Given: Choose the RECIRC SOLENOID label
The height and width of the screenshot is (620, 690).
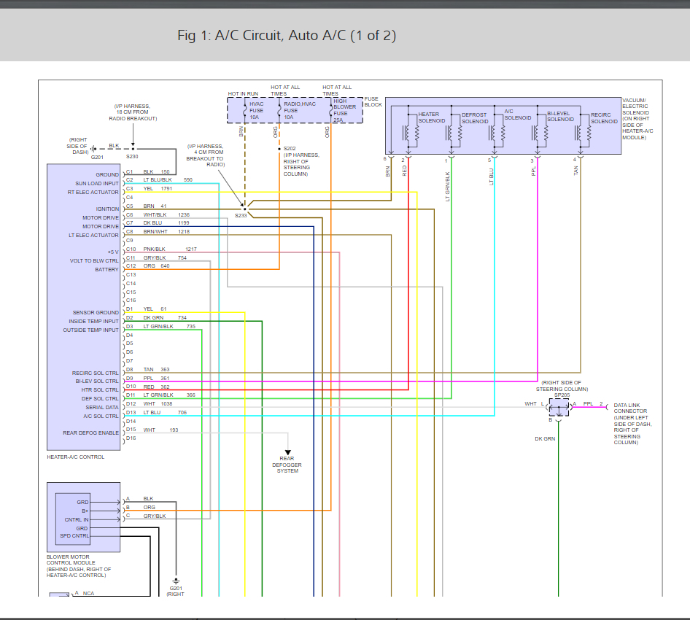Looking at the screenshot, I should point(603,117).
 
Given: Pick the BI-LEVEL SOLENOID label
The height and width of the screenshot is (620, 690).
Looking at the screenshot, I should point(561,117).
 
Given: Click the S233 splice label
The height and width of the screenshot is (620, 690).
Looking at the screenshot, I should point(241,216).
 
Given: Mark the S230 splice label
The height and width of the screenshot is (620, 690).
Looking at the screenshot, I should point(132,157).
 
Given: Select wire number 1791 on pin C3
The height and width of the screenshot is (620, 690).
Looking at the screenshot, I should point(166,188).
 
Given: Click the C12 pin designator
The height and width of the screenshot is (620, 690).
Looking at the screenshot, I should point(130,266).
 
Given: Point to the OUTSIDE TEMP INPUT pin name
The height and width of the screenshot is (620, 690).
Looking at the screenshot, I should point(91,330).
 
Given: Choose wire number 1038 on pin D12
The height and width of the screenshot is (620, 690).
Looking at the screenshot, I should point(168,403).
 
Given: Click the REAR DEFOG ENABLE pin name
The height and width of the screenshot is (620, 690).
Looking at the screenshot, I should point(91,433).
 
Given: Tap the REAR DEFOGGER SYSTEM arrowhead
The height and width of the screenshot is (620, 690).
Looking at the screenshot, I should point(287,453).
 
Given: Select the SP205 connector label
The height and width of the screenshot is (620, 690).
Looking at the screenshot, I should point(562,395).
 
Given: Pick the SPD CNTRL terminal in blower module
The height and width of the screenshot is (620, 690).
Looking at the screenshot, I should point(74,536).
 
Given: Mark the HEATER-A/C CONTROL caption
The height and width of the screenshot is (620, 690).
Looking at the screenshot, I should point(76,457).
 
